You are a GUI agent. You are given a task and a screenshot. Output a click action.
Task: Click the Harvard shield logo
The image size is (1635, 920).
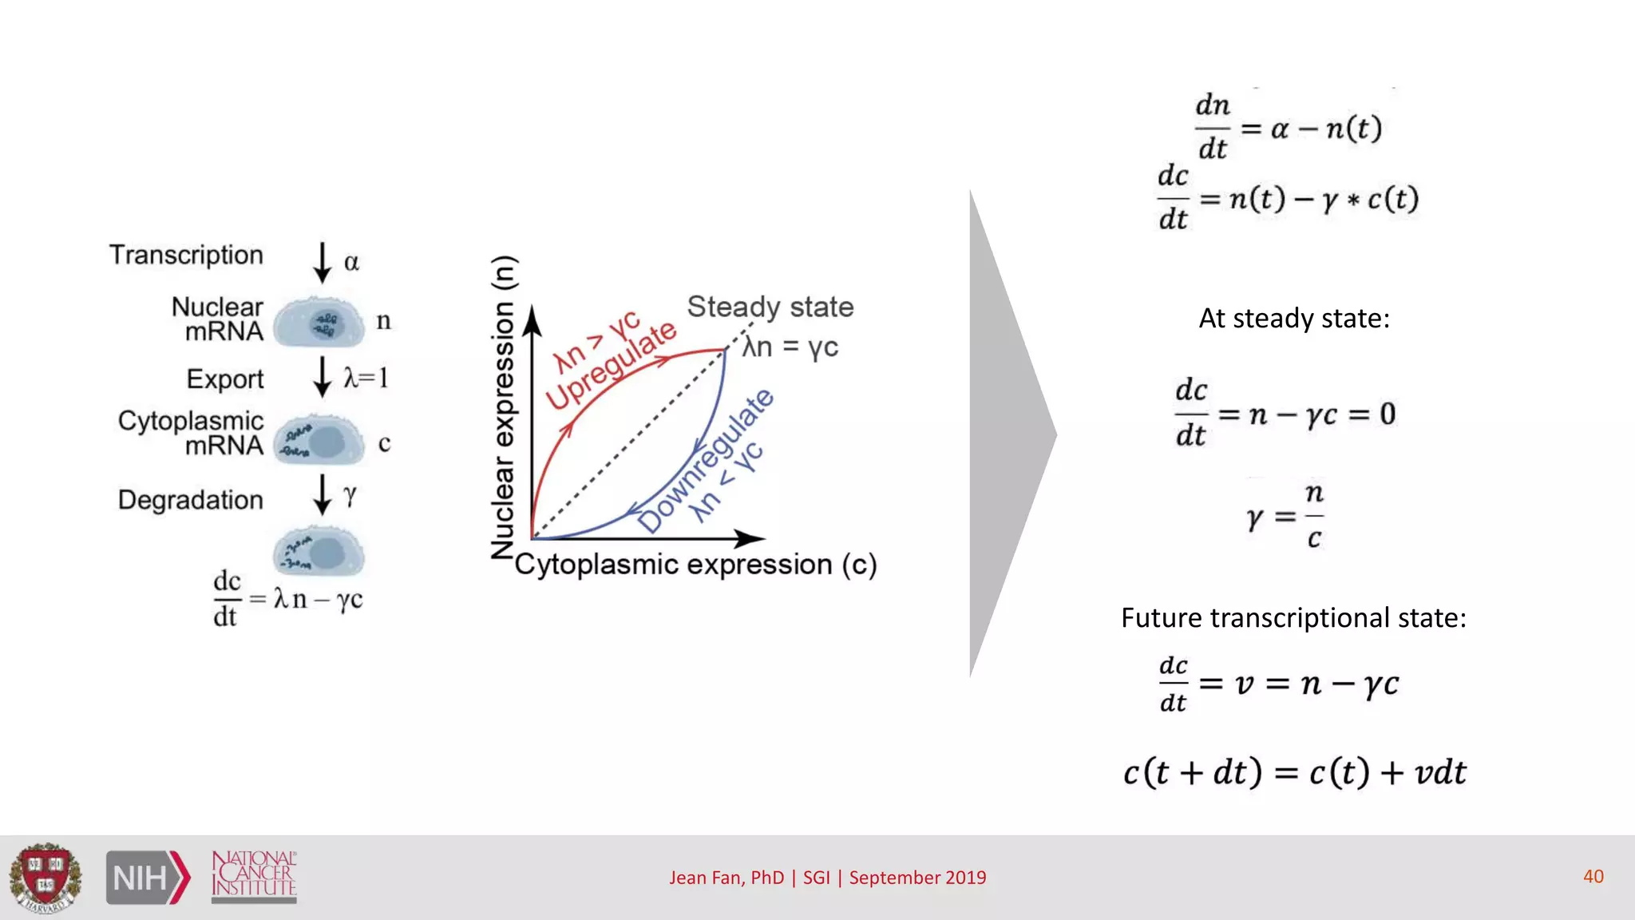click(46, 878)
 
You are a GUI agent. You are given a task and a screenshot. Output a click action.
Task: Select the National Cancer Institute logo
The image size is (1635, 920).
click(254, 876)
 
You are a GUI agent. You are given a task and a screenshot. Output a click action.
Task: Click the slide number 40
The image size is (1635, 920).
click(1593, 876)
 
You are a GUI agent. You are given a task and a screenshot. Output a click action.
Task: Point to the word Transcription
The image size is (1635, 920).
click(186, 255)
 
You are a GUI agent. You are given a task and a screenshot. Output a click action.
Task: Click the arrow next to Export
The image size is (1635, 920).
click(323, 377)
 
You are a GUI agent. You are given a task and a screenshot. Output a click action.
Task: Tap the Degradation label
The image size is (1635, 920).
click(190, 500)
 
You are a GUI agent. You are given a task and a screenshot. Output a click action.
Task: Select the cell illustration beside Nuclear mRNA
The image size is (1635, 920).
click(319, 322)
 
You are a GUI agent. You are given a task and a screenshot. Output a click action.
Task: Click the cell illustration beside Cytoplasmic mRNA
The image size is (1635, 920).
click(319, 441)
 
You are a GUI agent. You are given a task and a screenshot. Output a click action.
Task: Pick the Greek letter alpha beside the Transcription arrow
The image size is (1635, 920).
click(351, 262)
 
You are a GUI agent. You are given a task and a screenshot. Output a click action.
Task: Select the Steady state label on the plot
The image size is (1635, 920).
click(770, 307)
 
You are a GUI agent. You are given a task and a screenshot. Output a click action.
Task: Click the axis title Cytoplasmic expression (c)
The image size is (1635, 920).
click(695, 565)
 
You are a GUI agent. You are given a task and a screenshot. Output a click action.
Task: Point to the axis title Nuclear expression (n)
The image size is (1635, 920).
click(504, 407)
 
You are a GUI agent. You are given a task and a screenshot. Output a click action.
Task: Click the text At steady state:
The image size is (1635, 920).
click(1293, 319)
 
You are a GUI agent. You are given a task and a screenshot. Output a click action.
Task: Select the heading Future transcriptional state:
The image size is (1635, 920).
click(1293, 617)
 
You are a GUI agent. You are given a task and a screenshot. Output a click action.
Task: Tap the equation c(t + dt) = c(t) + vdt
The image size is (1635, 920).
click(1294, 771)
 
